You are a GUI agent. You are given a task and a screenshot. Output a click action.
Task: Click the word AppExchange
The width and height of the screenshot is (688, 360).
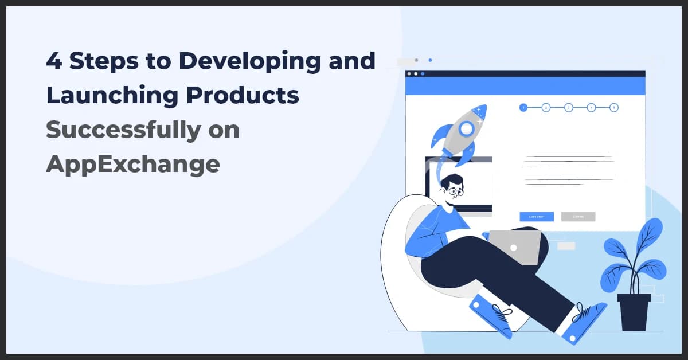click(x=132, y=165)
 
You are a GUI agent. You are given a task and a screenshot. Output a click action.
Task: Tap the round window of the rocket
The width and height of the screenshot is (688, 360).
click(x=467, y=128)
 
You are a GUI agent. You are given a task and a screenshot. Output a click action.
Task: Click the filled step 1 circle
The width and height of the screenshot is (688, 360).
click(x=523, y=107)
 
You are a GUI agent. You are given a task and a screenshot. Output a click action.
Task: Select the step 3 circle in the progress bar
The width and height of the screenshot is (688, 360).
click(x=568, y=107)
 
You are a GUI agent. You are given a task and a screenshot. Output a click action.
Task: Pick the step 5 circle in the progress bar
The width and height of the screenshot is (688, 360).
click(x=613, y=107)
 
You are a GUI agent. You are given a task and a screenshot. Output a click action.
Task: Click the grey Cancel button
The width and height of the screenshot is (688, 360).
click(x=578, y=217)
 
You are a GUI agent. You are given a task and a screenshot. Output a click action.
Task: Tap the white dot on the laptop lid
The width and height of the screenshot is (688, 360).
click(x=514, y=248)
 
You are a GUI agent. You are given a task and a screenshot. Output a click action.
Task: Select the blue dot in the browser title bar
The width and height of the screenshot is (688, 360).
click(x=423, y=74)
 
